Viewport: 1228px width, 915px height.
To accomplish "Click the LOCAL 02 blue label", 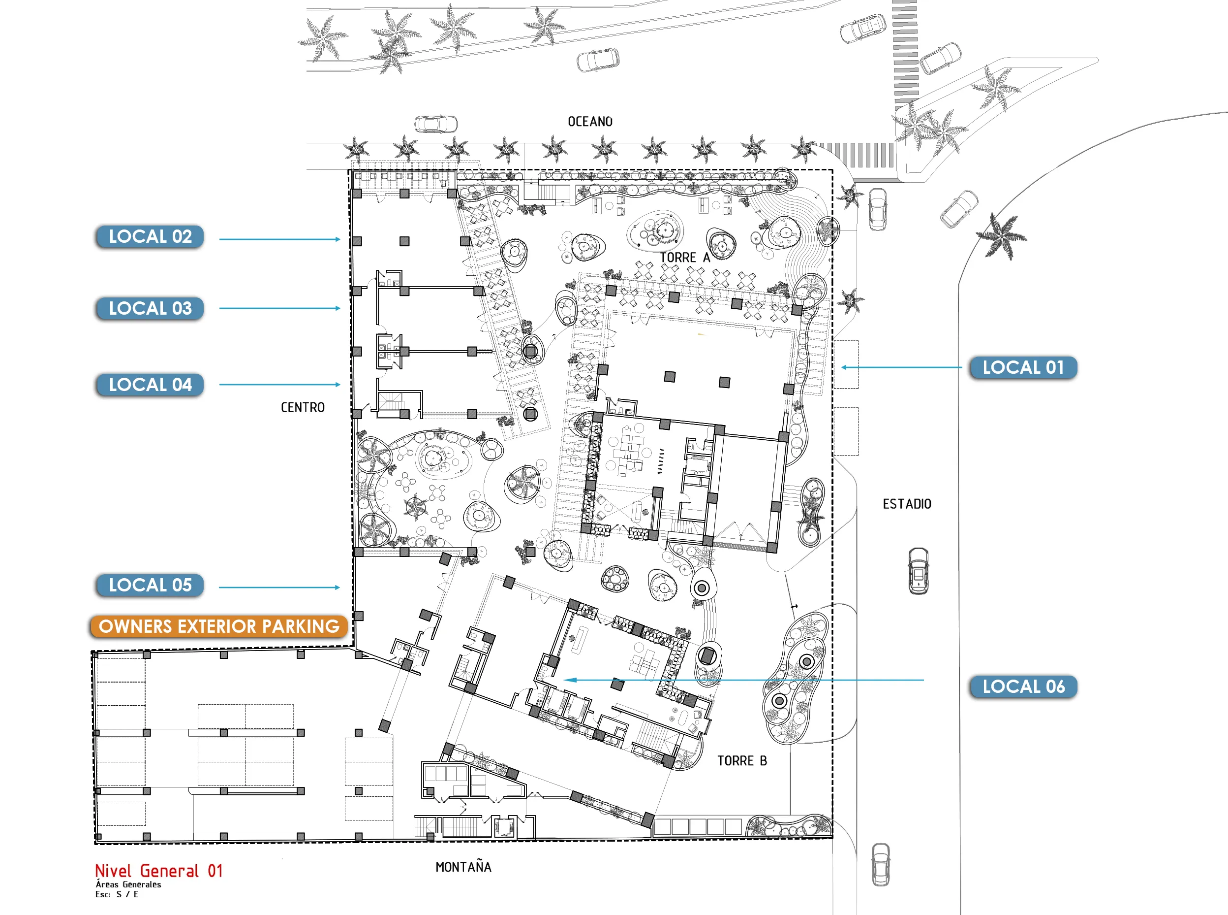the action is (x=150, y=236).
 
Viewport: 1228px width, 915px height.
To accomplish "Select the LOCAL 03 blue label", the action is (x=150, y=308).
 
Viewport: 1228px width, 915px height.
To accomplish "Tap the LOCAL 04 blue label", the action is (x=150, y=385).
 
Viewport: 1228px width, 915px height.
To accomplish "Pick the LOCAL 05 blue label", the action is (x=150, y=586).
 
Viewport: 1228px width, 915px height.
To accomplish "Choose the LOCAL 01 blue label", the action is (x=1023, y=368).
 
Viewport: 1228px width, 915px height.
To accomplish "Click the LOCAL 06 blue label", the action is (x=1023, y=687).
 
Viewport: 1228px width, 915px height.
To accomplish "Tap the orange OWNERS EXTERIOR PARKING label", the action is (x=219, y=626).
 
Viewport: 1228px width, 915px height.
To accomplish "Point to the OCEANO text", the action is (x=590, y=122).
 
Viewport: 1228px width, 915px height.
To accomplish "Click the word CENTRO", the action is (x=303, y=408).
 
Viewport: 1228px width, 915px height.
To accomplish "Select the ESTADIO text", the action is (x=907, y=504).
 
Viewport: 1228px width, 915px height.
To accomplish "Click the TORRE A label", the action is (x=685, y=258).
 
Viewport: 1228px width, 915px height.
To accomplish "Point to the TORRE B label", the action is (x=742, y=761).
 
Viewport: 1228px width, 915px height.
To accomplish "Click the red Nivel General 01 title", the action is (x=159, y=871).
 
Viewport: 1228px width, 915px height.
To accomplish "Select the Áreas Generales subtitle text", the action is (x=128, y=884).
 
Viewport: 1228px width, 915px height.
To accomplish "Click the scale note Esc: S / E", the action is (x=117, y=894).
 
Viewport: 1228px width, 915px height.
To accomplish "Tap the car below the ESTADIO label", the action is (x=919, y=571).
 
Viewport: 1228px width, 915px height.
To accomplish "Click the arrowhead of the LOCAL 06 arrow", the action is (x=568, y=680).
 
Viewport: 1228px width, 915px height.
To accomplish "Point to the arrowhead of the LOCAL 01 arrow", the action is (x=844, y=367).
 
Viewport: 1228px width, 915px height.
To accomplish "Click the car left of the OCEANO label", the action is (x=436, y=124).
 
